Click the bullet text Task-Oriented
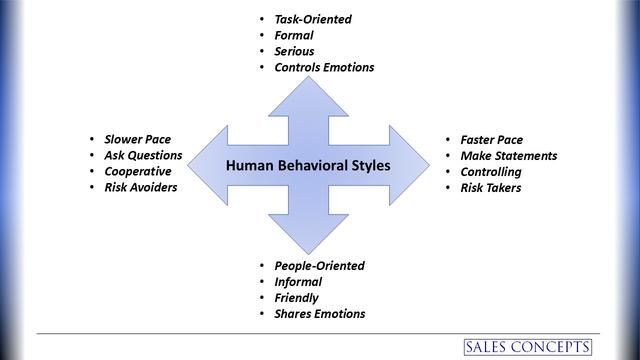coord(313,19)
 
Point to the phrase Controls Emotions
coord(324,67)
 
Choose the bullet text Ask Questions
coord(143,155)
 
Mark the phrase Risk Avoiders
coord(141,187)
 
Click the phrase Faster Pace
coord(491,139)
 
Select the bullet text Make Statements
coord(508,155)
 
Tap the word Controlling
coord(491,171)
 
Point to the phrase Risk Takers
coord(491,187)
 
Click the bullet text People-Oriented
coord(319,266)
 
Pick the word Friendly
coord(297,298)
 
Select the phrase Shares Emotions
coord(319,314)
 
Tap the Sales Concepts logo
coord(527,346)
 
